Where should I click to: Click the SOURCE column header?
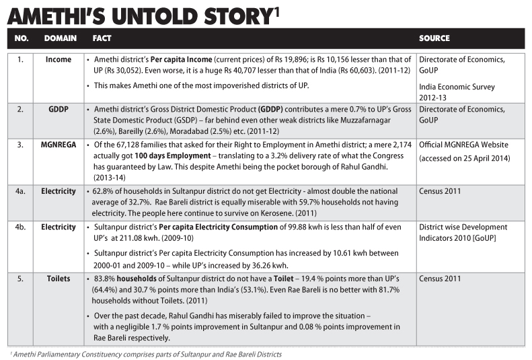pyautogui.click(x=434, y=38)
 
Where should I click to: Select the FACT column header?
pyautogui.click(x=103, y=38)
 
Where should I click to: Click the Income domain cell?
pyautogui.click(x=59, y=60)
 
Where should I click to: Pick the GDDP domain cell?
pyautogui.click(x=59, y=110)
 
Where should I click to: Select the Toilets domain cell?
pyautogui.click(x=59, y=277)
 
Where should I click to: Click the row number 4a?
pyautogui.click(x=21, y=192)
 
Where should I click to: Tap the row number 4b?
pyautogui.click(x=21, y=227)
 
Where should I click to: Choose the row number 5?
pyautogui.click(x=21, y=277)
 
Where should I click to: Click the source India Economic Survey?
pyautogui.click(x=457, y=87)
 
